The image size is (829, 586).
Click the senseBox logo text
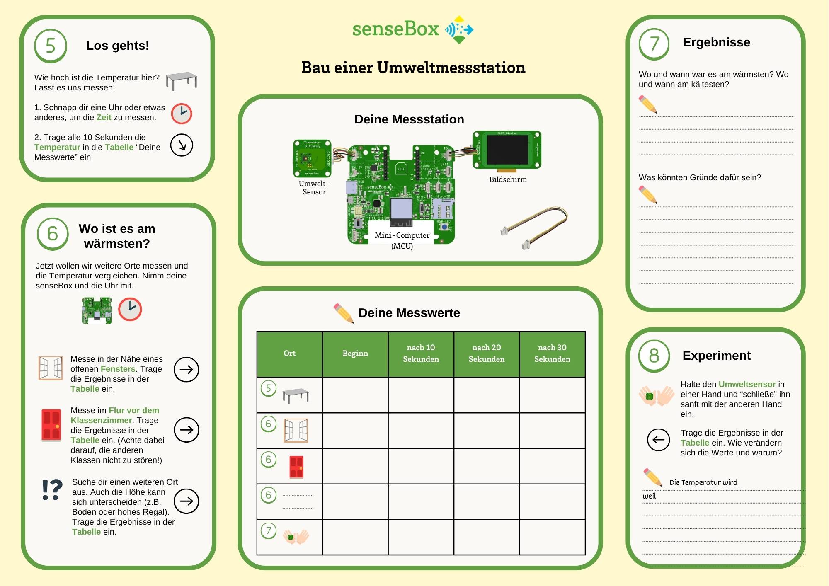(x=395, y=29)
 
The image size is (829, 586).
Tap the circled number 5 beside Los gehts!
(x=51, y=46)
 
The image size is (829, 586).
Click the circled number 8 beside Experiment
(x=654, y=356)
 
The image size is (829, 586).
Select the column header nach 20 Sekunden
(x=486, y=354)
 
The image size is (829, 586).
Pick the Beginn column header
(x=355, y=354)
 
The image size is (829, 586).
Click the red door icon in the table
(x=296, y=467)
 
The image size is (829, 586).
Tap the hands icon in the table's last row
(x=296, y=537)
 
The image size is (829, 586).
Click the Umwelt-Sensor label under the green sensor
(x=314, y=188)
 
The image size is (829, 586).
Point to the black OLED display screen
(x=507, y=150)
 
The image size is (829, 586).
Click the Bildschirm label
(x=508, y=179)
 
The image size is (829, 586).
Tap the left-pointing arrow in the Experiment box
(x=658, y=440)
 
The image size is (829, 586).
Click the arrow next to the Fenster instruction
(x=186, y=369)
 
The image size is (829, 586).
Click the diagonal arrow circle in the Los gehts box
(x=182, y=145)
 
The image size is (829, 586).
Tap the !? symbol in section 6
(x=52, y=490)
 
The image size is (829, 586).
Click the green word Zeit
(x=104, y=118)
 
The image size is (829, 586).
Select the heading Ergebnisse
(x=716, y=42)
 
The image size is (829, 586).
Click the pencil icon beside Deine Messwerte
(x=343, y=313)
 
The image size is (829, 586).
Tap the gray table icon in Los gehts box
(x=181, y=80)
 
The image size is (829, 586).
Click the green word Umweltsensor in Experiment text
(x=747, y=384)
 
